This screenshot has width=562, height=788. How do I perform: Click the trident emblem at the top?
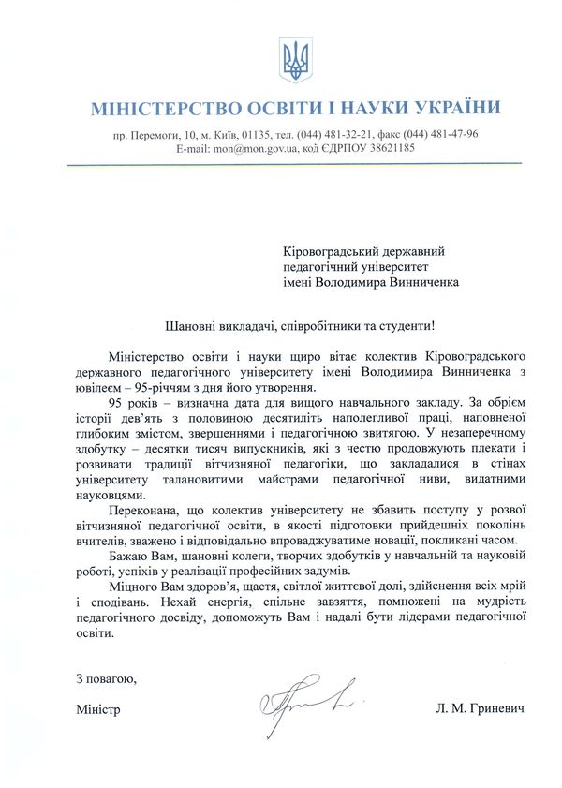pyautogui.click(x=295, y=58)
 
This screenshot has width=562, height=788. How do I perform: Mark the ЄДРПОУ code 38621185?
pyautogui.click(x=388, y=148)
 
